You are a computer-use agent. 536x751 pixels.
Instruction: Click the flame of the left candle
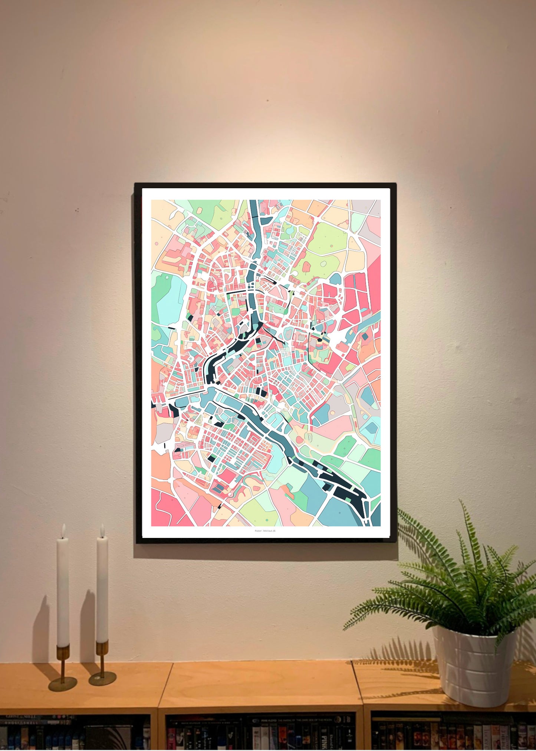pyautogui.click(x=63, y=531)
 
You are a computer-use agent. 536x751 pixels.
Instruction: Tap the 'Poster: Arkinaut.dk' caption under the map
pyautogui.click(x=265, y=531)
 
